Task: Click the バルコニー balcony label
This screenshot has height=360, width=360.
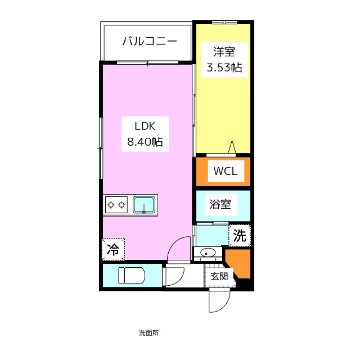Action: tap(150, 41)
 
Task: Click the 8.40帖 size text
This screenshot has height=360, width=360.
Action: tap(144, 142)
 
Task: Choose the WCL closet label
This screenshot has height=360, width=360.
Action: tap(223, 172)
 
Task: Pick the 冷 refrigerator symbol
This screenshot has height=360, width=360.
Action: tap(113, 249)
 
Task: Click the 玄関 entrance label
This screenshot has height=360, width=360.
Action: tap(219, 276)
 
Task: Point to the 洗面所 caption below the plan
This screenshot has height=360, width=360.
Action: tap(148, 333)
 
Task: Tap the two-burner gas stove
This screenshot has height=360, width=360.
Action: tap(116, 205)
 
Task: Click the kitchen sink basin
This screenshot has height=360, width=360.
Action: tap(145, 205)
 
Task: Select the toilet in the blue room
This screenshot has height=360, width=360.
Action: tap(131, 276)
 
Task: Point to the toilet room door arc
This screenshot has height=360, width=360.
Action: tap(174, 276)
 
